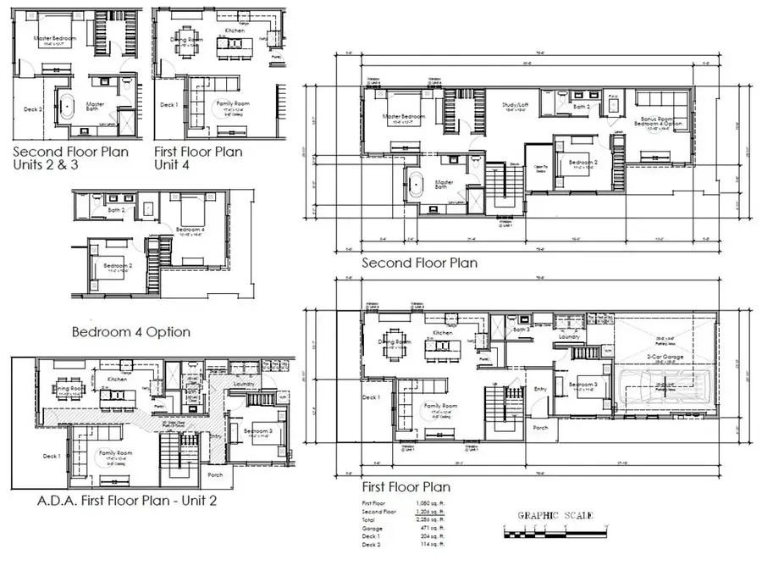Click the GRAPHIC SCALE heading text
555,515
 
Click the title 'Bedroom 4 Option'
130,331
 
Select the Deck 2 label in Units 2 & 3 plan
33,108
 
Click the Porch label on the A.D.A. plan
215,474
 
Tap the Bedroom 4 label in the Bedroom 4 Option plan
188,229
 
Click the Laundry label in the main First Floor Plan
568,336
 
